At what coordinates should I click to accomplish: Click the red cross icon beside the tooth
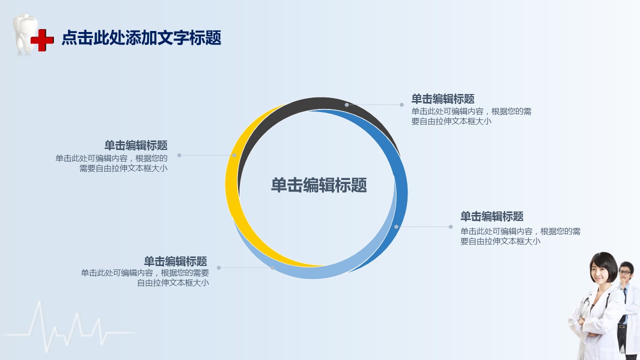click(x=42, y=40)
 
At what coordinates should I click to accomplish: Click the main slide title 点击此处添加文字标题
click(x=141, y=37)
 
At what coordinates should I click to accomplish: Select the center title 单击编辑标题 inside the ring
click(x=319, y=185)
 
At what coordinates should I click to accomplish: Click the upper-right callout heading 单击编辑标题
click(x=443, y=99)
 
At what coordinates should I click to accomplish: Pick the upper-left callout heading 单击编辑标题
click(x=136, y=145)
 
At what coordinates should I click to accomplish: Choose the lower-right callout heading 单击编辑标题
click(x=492, y=216)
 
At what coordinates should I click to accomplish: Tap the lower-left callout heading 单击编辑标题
click(x=175, y=261)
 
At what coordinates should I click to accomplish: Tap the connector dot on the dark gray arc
click(x=346, y=105)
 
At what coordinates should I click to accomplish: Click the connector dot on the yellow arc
click(x=234, y=155)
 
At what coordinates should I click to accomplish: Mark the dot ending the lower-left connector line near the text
click(x=219, y=267)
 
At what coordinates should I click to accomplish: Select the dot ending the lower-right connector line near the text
click(x=450, y=227)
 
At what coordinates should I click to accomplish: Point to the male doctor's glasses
click(x=624, y=272)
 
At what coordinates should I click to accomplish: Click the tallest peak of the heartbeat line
click(x=39, y=302)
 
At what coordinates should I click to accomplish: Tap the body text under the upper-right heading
click(x=471, y=116)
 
